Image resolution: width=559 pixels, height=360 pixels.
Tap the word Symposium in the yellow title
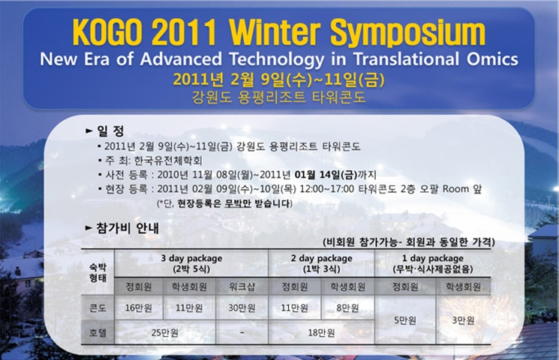[x=408, y=33]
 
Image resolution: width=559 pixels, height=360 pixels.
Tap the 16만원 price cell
[x=138, y=308]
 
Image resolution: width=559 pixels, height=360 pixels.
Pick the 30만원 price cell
[x=242, y=308]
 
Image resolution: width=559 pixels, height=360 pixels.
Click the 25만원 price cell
[x=165, y=333]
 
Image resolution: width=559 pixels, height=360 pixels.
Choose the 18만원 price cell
[x=321, y=333]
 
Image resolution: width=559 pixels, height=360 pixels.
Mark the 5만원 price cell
[x=405, y=320]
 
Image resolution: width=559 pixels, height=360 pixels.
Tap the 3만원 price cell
[x=463, y=320]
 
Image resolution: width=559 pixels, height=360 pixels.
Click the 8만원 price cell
[x=347, y=308]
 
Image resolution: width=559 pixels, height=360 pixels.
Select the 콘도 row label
[x=98, y=308]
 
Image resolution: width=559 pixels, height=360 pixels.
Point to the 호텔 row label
[x=98, y=333]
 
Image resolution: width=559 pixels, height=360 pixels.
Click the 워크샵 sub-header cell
[x=242, y=287]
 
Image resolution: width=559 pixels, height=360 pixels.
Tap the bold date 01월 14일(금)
[x=326, y=175]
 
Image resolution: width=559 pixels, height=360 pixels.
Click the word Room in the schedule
[x=455, y=189]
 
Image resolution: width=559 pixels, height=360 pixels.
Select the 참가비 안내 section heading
[x=128, y=228]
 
